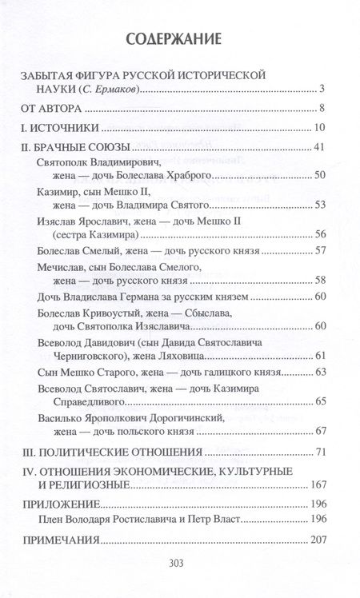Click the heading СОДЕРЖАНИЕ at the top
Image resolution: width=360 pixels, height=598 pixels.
click(x=179, y=38)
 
